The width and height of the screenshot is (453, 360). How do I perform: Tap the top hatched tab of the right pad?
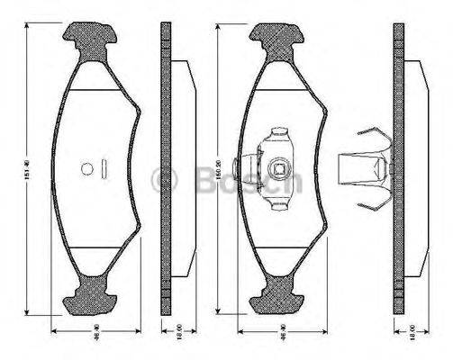(278, 38)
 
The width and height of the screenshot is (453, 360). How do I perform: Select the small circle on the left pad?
(87, 167)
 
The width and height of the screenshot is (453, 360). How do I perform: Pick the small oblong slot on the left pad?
(104, 167)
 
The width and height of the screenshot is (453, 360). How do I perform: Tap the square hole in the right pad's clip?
(279, 166)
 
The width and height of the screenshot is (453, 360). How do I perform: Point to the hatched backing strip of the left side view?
(165, 167)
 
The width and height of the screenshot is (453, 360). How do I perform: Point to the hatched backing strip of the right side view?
(399, 167)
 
